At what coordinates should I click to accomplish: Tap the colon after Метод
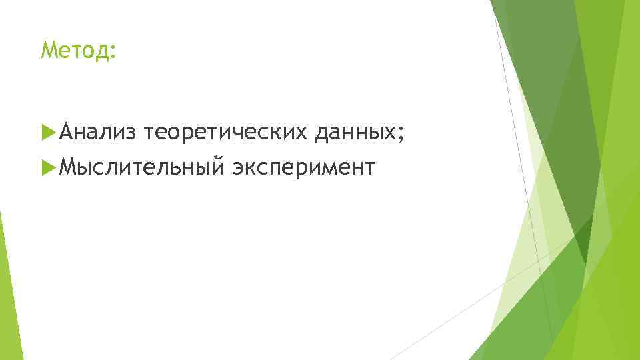click(x=111, y=51)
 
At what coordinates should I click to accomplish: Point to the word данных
click(x=357, y=134)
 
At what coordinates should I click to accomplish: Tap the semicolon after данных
click(x=401, y=135)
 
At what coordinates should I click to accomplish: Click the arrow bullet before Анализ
click(x=47, y=133)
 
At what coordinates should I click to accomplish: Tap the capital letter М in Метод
click(x=47, y=49)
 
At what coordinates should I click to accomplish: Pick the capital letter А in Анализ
click(x=65, y=133)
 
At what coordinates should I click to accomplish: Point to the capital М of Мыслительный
click(x=66, y=167)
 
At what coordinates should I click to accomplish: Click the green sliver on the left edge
click(x=8, y=287)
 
